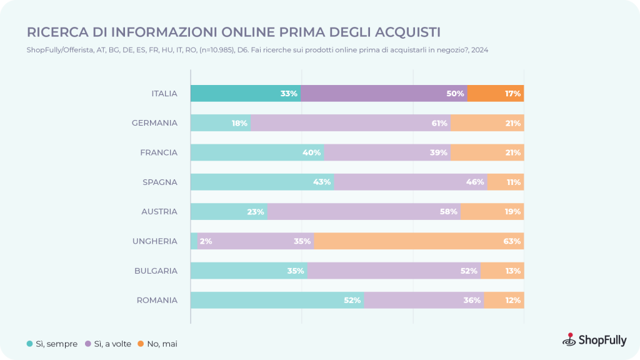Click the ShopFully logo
594,339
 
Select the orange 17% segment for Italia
496,94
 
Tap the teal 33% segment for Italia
246,94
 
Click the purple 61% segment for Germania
351,123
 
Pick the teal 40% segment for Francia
257,152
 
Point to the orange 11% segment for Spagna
506,182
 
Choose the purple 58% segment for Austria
364,211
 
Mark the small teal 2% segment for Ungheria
194,241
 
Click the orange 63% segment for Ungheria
419,241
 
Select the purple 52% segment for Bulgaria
394,271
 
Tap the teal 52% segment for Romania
277,300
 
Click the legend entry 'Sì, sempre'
52,344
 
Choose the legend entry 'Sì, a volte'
108,344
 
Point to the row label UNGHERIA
155,241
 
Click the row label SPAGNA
160,182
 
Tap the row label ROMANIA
157,301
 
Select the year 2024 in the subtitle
479,50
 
